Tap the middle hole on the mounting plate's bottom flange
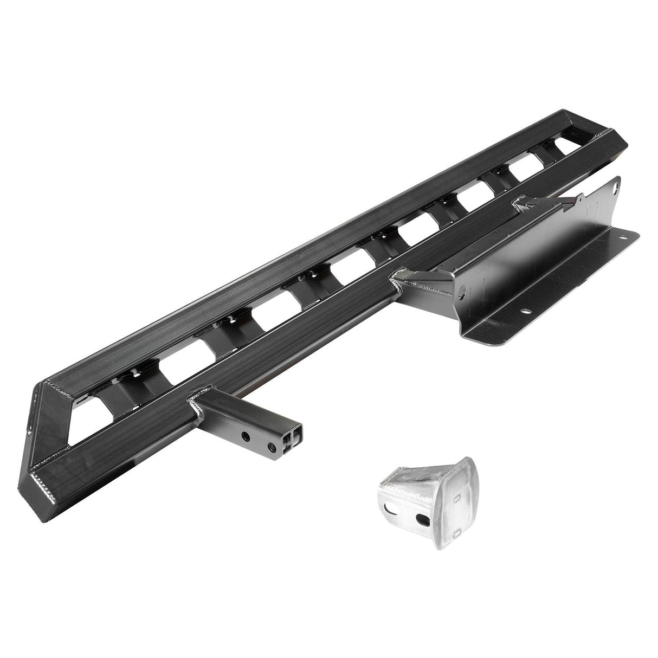(525, 312)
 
